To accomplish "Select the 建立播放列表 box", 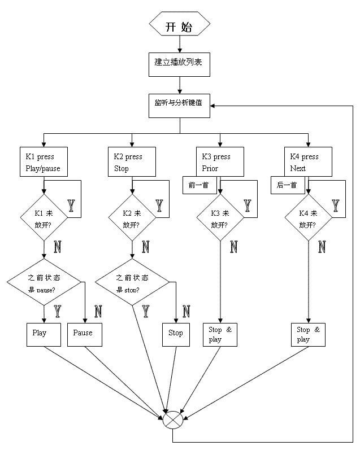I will tap(179, 63).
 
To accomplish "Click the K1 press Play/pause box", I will tap(44, 162).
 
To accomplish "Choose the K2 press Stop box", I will tap(132, 162).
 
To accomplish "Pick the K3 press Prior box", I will tap(221, 162).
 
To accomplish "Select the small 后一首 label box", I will tap(288, 185).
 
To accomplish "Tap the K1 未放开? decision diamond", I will tap(44, 218).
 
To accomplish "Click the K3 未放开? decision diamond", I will tap(220, 218).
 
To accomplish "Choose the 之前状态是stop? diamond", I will tap(132, 283).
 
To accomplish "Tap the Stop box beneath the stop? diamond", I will tap(176, 334).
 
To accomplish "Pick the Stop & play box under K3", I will tap(220, 334).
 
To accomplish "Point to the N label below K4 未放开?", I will tap(322, 247).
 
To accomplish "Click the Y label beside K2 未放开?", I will tap(159, 206).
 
